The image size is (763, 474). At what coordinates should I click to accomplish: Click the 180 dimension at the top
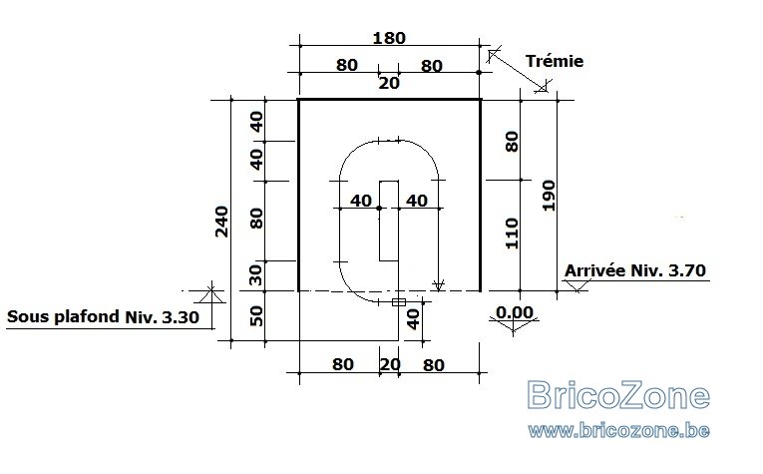click(389, 38)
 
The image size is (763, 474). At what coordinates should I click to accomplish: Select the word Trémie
click(555, 61)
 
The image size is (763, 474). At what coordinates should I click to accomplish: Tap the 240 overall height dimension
click(221, 222)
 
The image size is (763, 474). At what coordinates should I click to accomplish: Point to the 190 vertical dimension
click(549, 196)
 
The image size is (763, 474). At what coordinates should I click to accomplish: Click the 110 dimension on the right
click(512, 234)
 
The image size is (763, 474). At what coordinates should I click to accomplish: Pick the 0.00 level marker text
click(515, 312)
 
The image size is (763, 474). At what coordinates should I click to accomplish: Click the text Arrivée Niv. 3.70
click(635, 270)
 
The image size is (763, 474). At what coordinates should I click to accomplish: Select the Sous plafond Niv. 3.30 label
click(103, 316)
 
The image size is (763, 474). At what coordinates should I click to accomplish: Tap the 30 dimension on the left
click(256, 275)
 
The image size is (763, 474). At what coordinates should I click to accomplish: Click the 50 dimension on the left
click(256, 316)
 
